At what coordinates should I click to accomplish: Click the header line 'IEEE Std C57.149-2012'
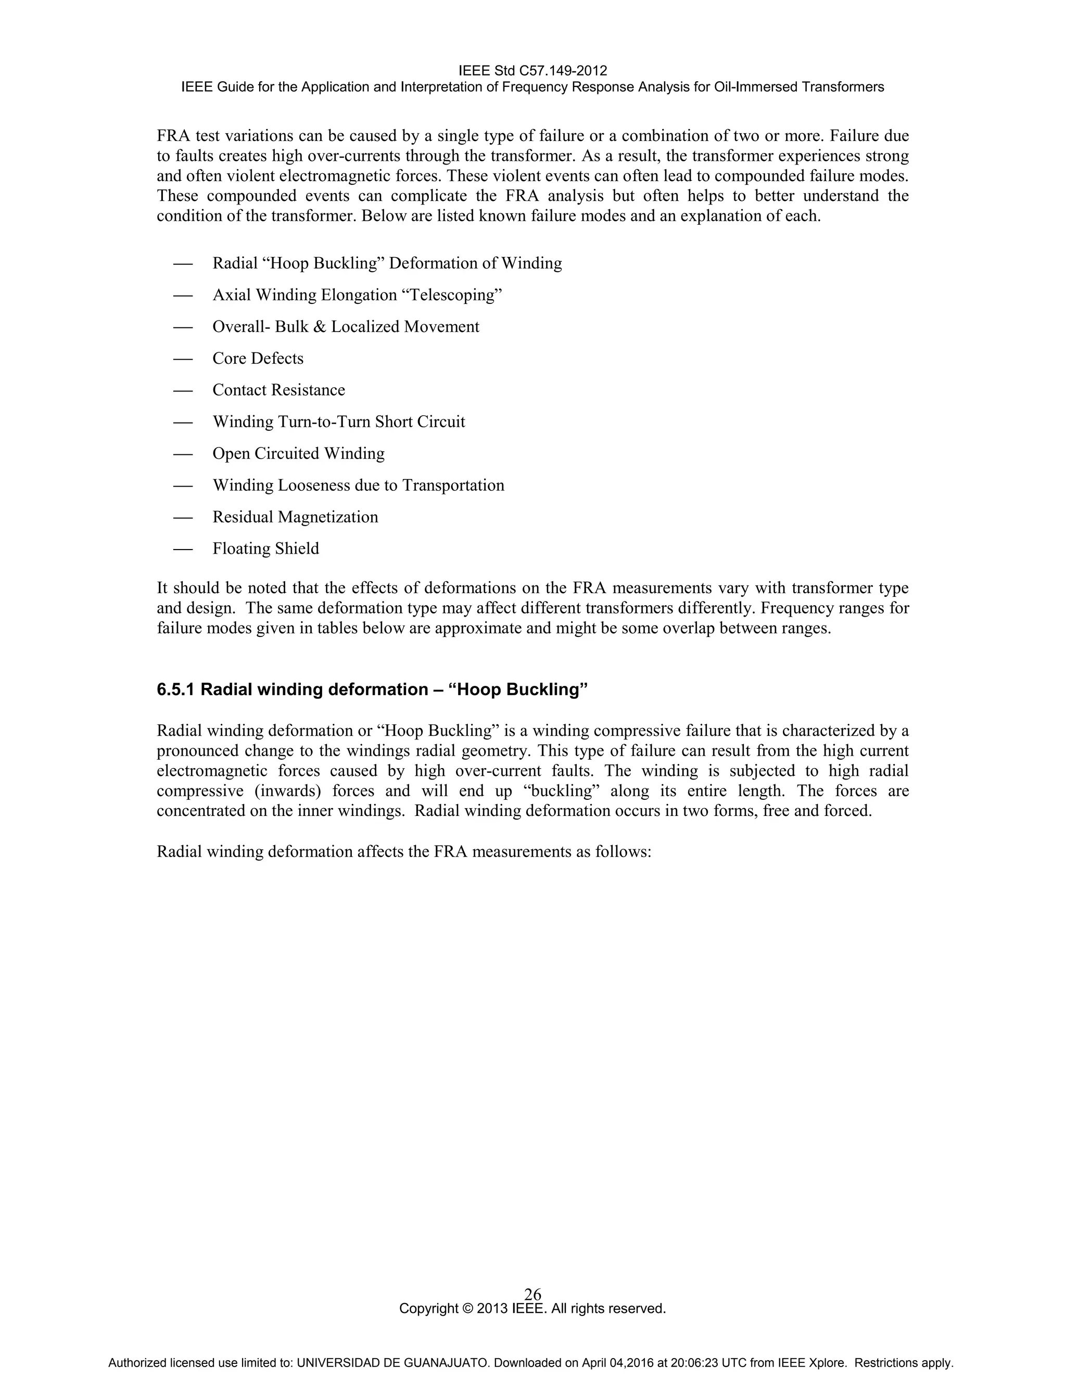532,70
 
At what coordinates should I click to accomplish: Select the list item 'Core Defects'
258,359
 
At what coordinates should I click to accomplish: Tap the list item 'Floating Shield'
265,548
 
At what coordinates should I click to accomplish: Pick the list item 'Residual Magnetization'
295,517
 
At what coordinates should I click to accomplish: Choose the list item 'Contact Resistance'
278,390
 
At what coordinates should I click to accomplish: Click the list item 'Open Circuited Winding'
298,454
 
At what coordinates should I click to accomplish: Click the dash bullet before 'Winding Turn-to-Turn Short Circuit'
183,423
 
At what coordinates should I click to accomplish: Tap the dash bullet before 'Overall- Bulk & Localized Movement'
183,328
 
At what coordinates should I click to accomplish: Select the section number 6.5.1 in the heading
176,689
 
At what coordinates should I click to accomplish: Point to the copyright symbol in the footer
468,1308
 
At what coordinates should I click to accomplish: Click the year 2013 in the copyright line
492,1308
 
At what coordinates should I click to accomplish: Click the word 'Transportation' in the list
453,486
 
